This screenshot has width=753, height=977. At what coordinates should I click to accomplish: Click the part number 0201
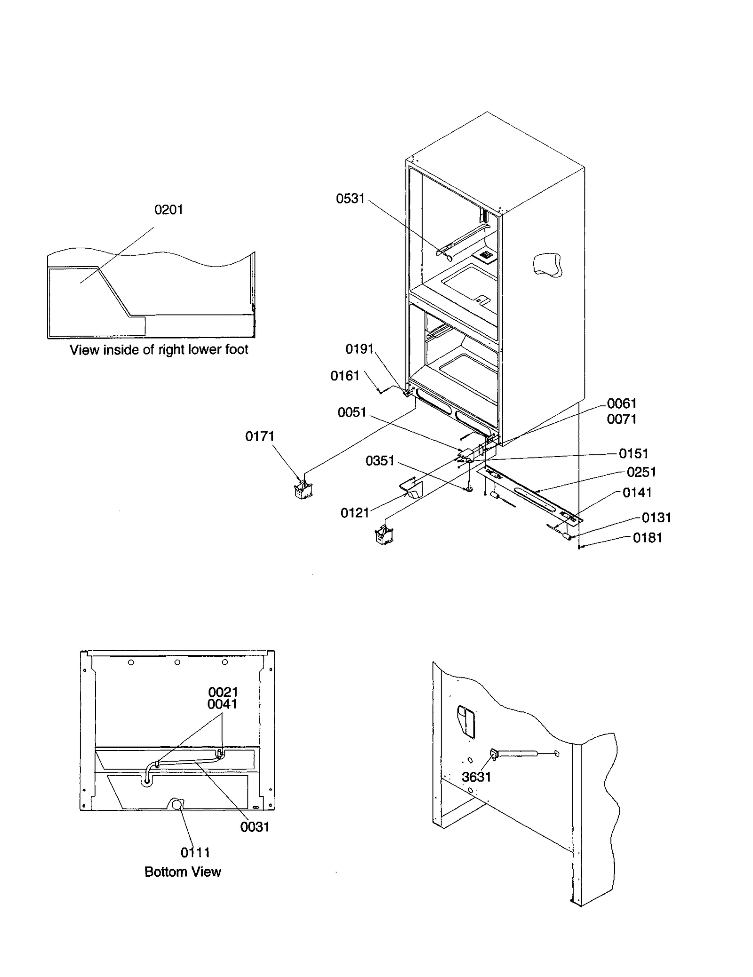[168, 210]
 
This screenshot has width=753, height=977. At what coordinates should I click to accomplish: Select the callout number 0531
[350, 199]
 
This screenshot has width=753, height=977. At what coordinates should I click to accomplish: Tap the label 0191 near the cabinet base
[359, 349]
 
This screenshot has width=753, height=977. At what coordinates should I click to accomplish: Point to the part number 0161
[344, 376]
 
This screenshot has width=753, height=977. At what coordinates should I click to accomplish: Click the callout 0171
[259, 436]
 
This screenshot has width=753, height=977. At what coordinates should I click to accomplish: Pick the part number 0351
[380, 460]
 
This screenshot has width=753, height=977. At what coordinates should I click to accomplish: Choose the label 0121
[355, 513]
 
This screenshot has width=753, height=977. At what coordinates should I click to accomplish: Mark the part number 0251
[641, 472]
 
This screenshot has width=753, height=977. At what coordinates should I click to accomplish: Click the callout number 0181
[647, 538]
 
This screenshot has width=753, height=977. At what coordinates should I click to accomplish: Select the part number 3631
[476, 777]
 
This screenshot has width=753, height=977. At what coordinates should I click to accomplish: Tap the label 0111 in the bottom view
[195, 852]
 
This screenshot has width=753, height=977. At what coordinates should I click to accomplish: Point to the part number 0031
[255, 827]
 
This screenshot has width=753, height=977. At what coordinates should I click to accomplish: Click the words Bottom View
[183, 872]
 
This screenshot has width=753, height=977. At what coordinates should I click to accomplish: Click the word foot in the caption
[236, 350]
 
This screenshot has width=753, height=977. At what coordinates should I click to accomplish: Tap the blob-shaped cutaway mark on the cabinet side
[547, 265]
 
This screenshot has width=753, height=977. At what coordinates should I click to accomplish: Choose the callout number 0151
[633, 453]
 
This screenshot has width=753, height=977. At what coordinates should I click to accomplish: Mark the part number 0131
[656, 517]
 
